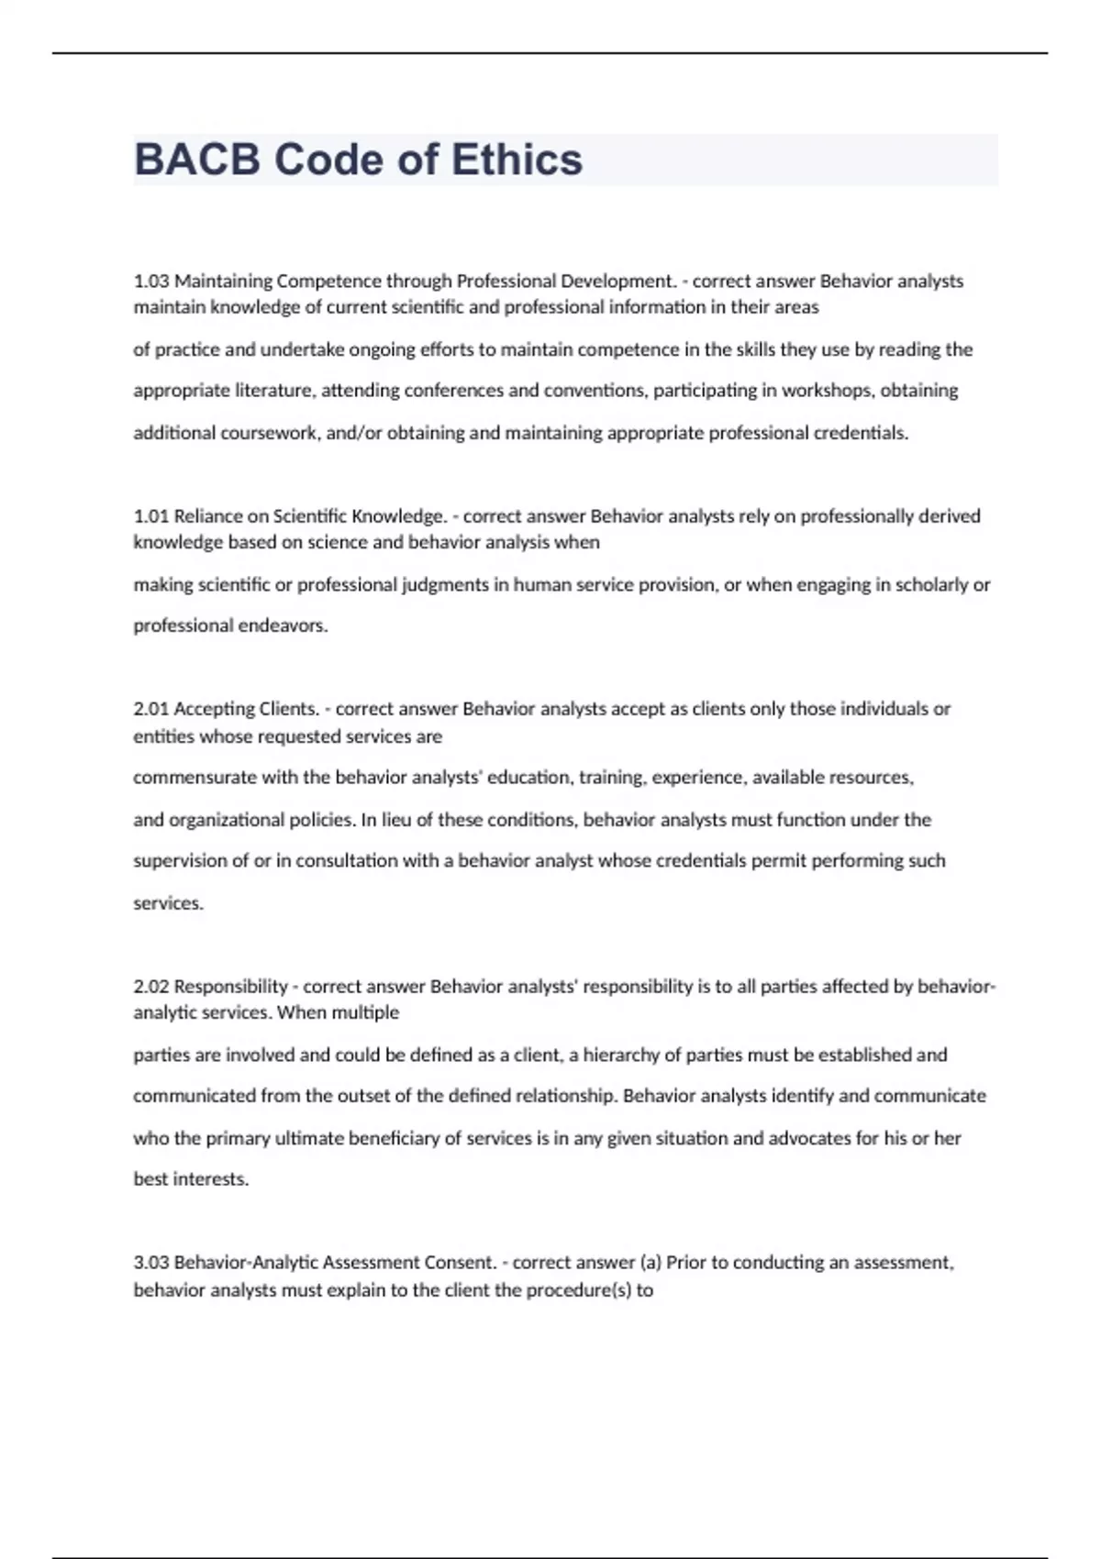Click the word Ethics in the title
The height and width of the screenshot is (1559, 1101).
pyautogui.click(x=517, y=160)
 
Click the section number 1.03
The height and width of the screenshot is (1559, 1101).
pyautogui.click(x=151, y=281)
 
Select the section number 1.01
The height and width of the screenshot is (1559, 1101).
pyautogui.click(x=151, y=516)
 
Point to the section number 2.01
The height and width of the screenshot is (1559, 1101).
pyautogui.click(x=151, y=709)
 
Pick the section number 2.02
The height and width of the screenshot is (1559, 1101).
pyautogui.click(x=151, y=987)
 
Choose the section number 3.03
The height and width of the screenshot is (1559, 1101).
pyautogui.click(x=151, y=1263)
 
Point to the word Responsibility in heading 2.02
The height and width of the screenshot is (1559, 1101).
pyautogui.click(x=230, y=987)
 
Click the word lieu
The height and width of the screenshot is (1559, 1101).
pyautogui.click(x=396, y=820)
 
